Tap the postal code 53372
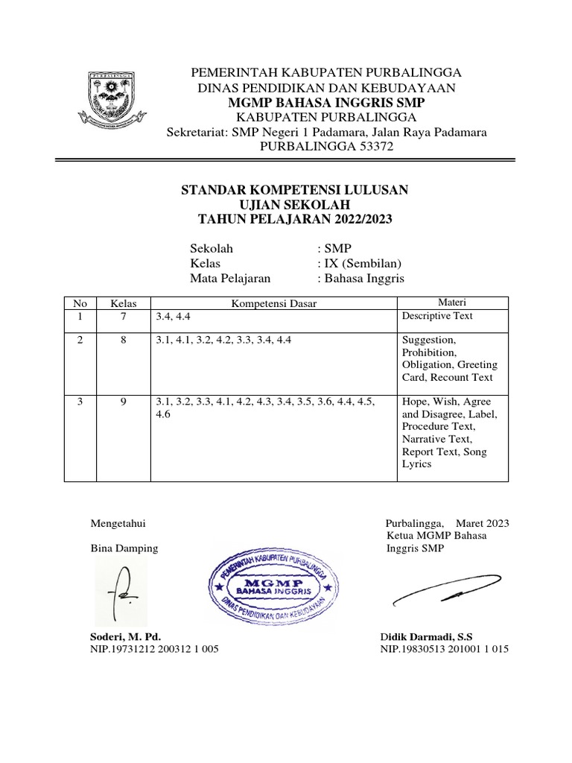click(374, 148)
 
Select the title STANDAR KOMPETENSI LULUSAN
click(295, 190)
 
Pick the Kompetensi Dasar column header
click(273, 303)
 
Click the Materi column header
click(451, 302)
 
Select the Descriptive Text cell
click(437, 316)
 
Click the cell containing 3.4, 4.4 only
click(174, 317)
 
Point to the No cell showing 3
click(80, 402)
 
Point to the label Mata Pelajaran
click(230, 279)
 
